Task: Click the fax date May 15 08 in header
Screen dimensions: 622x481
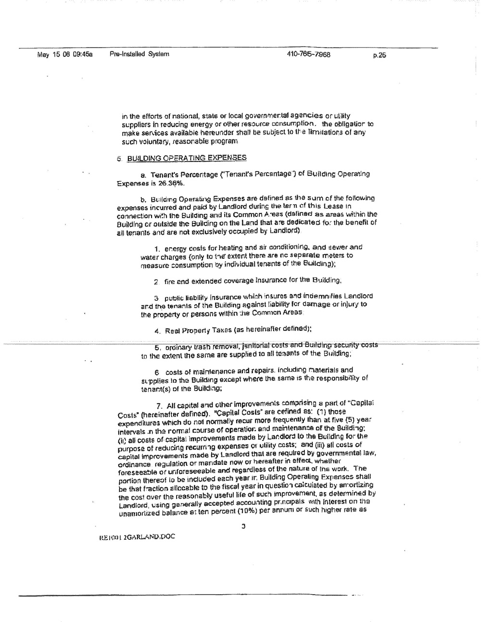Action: (x=53, y=54)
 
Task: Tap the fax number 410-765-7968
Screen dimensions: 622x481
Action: (x=308, y=54)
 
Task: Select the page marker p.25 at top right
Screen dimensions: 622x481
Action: (x=380, y=55)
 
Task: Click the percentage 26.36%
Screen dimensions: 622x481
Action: (x=170, y=183)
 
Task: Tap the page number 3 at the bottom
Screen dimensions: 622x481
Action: (x=243, y=526)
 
